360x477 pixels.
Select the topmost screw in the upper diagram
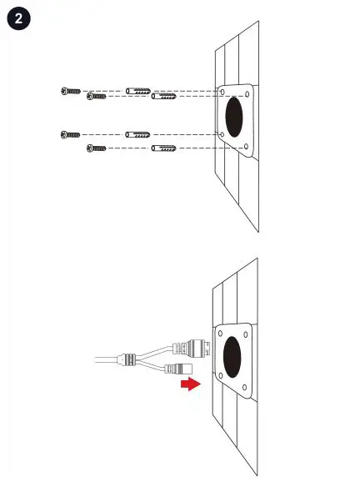coord(71,91)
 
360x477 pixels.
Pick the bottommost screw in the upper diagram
coord(97,148)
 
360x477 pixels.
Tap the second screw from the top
coord(97,97)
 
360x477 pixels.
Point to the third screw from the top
coord(71,133)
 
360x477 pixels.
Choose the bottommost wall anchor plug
coord(163,148)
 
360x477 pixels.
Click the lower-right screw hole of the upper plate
coord(247,148)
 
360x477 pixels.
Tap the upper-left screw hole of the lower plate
coord(219,331)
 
